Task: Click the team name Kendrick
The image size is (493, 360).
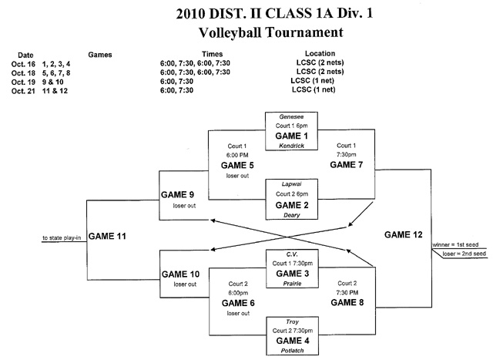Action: coord(292,144)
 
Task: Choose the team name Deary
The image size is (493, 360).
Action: coord(292,216)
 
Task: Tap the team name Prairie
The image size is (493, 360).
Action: coord(292,284)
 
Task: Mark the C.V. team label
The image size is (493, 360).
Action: coord(292,253)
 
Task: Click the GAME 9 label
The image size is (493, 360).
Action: coord(179,195)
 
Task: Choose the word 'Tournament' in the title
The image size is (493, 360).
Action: coord(291,33)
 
